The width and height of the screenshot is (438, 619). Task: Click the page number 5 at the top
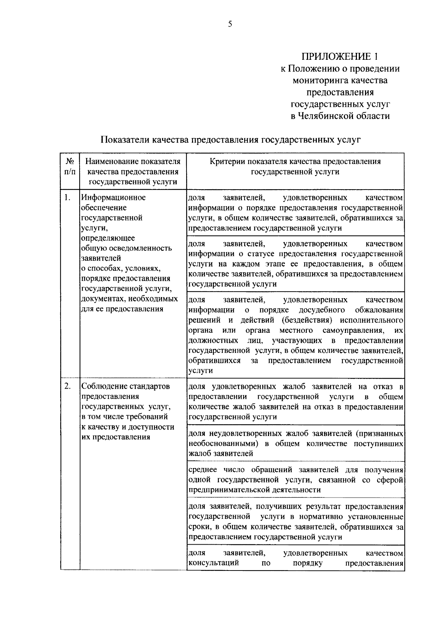click(230, 24)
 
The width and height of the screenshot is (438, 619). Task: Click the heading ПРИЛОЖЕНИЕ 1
click(340, 57)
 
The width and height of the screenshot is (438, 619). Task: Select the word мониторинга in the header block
click(320, 80)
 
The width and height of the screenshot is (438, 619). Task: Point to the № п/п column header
click(70, 166)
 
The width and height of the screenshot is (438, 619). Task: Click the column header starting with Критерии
click(295, 166)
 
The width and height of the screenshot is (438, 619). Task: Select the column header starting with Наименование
click(133, 171)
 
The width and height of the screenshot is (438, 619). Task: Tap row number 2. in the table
click(67, 386)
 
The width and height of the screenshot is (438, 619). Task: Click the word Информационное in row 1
click(114, 198)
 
